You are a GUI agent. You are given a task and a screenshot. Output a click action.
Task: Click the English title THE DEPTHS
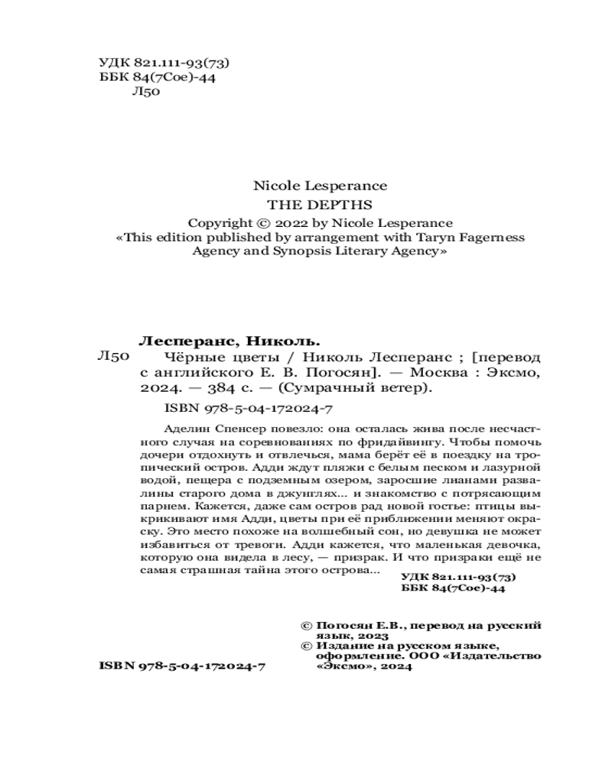(319, 204)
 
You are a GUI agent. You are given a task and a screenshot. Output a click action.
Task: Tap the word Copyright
(218, 223)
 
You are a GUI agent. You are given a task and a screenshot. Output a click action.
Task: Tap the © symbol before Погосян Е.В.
(306, 625)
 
